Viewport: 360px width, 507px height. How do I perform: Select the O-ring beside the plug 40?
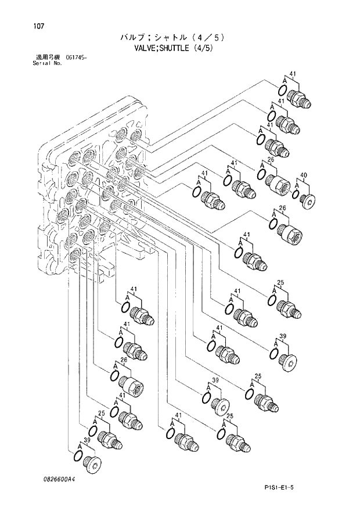296,194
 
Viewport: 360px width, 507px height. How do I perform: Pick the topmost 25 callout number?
280,283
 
